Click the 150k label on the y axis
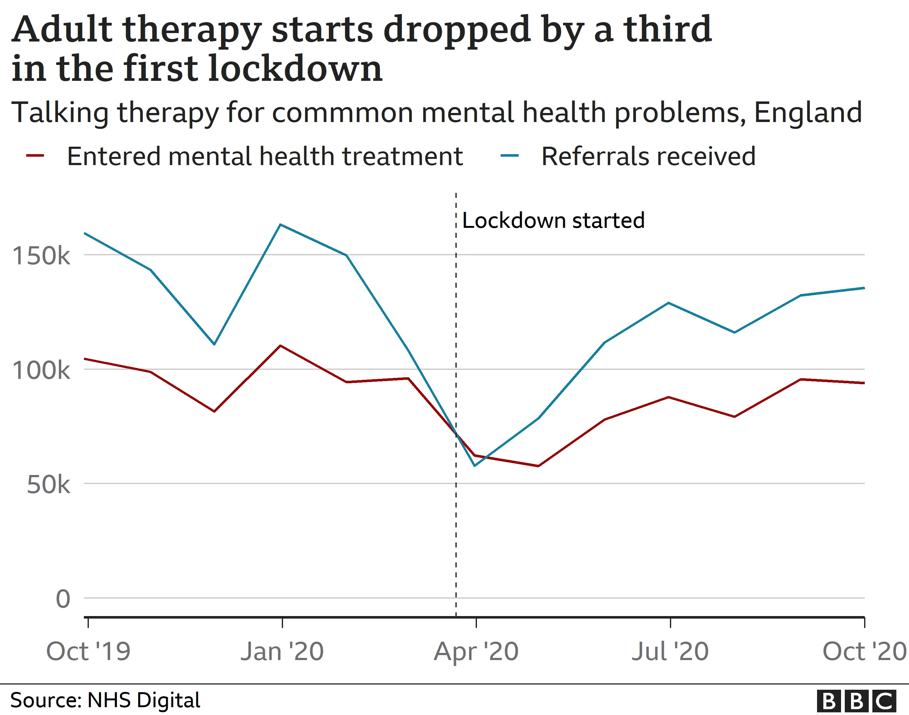click(x=41, y=255)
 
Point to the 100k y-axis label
click(x=41, y=370)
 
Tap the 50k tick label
click(x=48, y=485)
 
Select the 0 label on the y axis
click(x=63, y=599)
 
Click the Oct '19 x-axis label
click(x=88, y=652)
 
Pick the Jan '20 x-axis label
click(x=282, y=652)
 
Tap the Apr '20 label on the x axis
click(x=476, y=652)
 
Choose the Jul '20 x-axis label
click(x=670, y=652)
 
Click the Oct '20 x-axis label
click(x=864, y=652)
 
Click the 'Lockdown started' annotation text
click(x=553, y=221)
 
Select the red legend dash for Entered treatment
click(x=35, y=156)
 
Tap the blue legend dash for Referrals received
click(x=509, y=156)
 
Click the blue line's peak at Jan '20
click(x=281, y=225)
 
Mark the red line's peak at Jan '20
click(x=281, y=346)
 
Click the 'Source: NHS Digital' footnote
click(x=105, y=700)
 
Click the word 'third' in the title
click(x=668, y=29)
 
